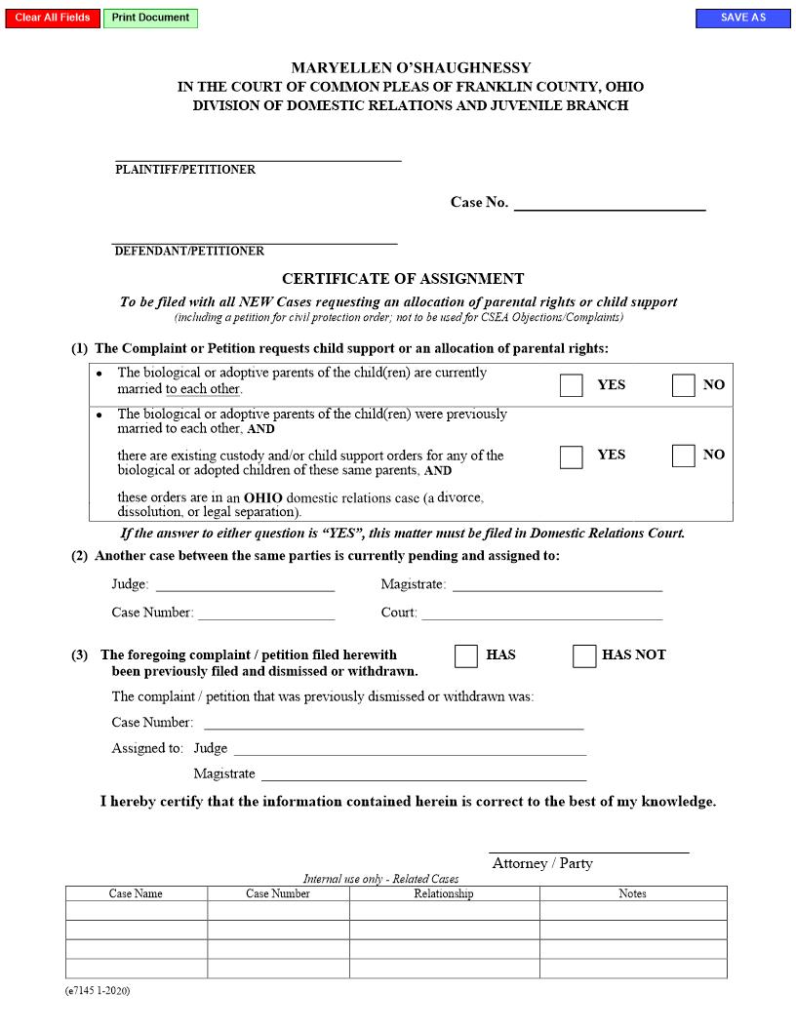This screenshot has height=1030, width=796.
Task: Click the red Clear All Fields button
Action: click(53, 19)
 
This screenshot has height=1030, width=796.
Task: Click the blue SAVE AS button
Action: click(742, 19)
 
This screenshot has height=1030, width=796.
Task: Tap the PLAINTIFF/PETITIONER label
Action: click(185, 170)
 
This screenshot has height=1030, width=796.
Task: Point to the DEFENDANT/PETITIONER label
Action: click(189, 251)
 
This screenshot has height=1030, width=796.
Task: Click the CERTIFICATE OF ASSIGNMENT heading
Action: click(403, 279)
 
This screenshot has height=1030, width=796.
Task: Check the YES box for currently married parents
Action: click(572, 385)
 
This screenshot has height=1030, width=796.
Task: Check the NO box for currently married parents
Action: click(683, 385)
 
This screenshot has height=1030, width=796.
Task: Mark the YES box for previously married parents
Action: click(572, 456)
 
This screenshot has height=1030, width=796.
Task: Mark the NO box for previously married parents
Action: click(683, 456)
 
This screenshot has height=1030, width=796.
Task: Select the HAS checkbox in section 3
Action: click(466, 655)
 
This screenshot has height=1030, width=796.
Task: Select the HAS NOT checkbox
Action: click(584, 655)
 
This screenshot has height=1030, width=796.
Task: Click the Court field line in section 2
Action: click(541, 613)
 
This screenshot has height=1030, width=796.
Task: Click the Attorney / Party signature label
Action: click(542, 863)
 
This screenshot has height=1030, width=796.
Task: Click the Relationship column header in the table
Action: click(444, 893)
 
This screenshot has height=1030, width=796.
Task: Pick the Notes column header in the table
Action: click(632, 893)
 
